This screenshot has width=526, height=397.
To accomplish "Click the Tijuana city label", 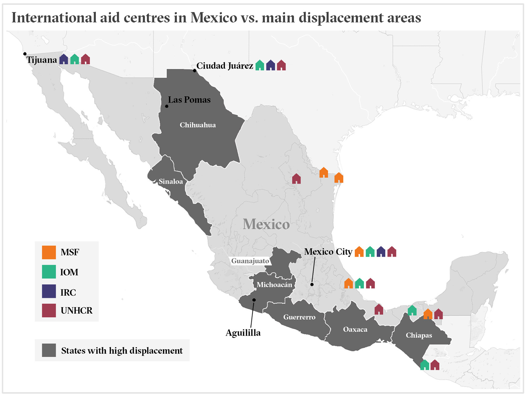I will (x=41, y=60).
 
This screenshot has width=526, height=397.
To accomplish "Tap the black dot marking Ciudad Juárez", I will (x=195, y=70).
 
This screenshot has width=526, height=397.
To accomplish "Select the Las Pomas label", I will (x=189, y=100).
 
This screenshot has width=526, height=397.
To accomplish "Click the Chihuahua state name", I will (x=198, y=125).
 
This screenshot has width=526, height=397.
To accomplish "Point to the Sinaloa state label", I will (x=170, y=181).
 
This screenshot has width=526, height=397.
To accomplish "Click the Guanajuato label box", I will (x=250, y=261).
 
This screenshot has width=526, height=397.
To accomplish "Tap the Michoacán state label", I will (x=274, y=285).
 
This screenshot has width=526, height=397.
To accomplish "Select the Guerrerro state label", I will (x=299, y=317).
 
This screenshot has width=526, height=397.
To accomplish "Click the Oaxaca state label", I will (x=355, y=329).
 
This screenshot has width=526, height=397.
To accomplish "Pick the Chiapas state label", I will (x=419, y=335).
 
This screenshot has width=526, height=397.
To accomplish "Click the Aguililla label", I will (x=243, y=333).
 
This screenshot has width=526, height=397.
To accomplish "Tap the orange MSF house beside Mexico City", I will (x=359, y=252).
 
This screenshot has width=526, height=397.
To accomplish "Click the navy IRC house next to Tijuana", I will (x=64, y=59).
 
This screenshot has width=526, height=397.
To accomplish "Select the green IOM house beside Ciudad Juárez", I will (x=260, y=65).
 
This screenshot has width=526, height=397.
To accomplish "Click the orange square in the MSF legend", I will (x=49, y=252).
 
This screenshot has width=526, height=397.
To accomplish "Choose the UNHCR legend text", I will (x=76, y=311).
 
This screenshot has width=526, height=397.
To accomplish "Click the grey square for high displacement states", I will (x=49, y=350).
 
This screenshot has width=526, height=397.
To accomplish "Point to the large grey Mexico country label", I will (x=266, y=224).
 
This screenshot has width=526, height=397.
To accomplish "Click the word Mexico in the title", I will (x=214, y=18).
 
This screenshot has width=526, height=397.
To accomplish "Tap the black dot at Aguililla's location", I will (x=254, y=300).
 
